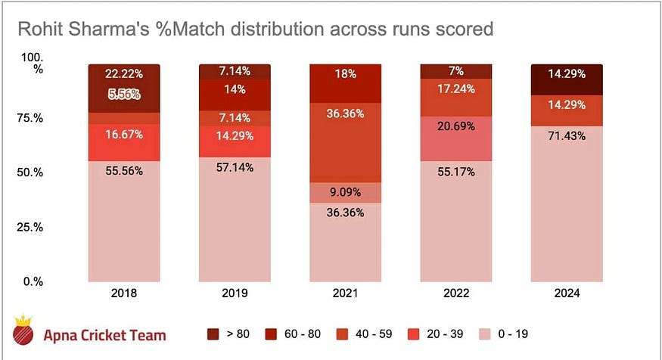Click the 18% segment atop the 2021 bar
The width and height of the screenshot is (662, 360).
(345, 82)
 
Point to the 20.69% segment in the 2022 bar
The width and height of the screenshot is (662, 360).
(455, 138)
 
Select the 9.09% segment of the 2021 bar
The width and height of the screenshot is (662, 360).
(345, 193)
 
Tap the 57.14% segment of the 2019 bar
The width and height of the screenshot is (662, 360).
(234, 219)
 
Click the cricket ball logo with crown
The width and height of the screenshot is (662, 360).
(24, 330)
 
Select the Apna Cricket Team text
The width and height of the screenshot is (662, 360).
(104, 334)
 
